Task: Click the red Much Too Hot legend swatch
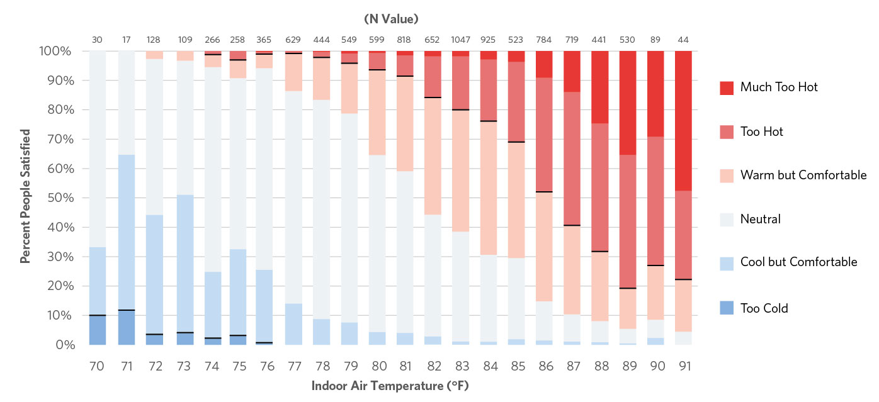pos(727,87)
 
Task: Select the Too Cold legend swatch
pos(727,308)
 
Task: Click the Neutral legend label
pos(761,219)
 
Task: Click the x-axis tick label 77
pos(294,366)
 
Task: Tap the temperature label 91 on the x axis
pos(683,366)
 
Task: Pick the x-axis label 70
pos(97,366)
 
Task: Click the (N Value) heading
pos(390,18)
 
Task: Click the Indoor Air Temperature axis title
pos(390,386)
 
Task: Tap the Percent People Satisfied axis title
pos(26,196)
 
